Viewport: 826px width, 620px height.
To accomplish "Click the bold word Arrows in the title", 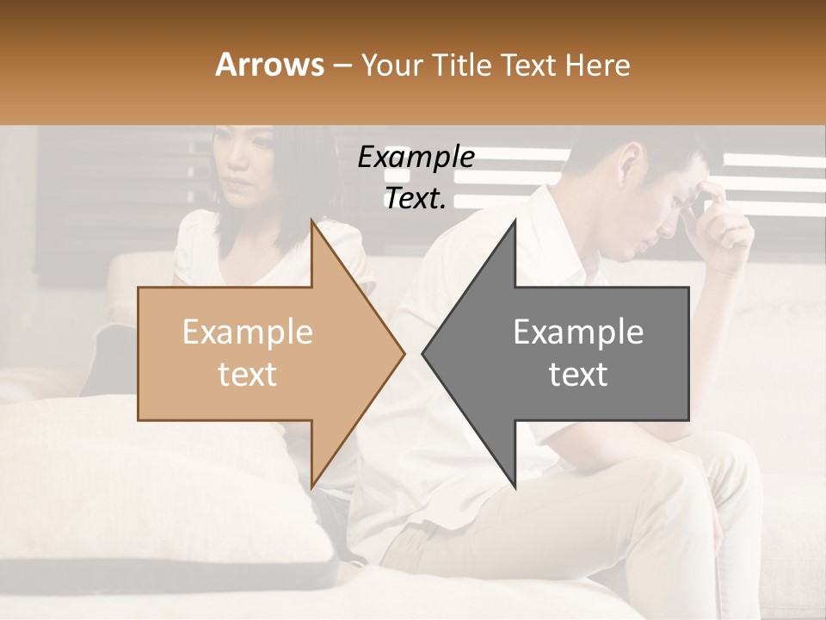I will click(268, 65).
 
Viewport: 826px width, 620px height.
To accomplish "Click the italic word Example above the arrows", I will click(416, 158).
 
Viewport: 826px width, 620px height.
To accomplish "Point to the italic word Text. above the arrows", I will click(415, 199).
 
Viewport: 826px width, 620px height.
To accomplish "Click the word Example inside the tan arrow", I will click(248, 332).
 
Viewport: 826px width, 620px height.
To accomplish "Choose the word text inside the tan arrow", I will click(248, 375).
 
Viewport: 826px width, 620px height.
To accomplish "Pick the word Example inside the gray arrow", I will click(578, 332).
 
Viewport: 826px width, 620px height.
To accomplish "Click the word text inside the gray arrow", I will click(578, 375).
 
